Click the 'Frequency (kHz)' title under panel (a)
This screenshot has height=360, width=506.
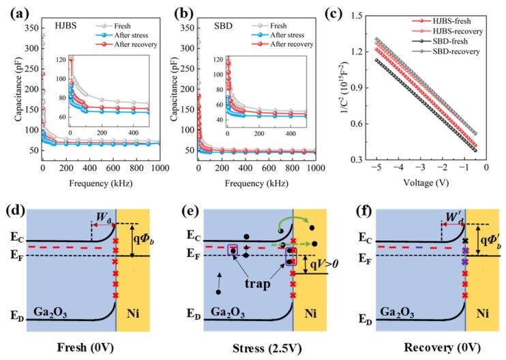click(102, 184)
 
